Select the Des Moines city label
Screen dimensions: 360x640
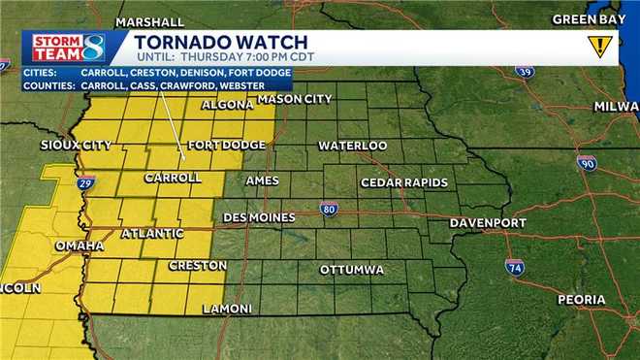[259, 217]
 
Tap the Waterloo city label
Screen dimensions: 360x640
[353, 146]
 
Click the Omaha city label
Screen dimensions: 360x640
[79, 245]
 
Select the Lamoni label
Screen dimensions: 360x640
[227, 309]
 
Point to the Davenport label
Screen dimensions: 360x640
[488, 223]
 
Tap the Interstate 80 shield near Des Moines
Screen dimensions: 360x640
[330, 208]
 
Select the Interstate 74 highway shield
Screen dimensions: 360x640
[515, 267]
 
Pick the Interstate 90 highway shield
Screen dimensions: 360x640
[587, 164]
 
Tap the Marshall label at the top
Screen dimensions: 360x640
[149, 21]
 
